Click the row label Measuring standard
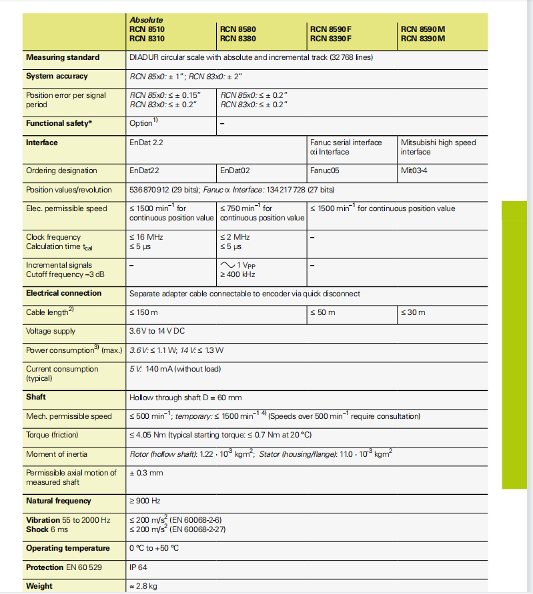click(x=63, y=57)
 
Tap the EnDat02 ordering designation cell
click(x=235, y=170)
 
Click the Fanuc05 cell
click(x=325, y=170)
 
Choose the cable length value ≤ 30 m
click(x=413, y=312)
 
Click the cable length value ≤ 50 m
click(x=323, y=312)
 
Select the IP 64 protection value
click(x=138, y=567)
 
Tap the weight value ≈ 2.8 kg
click(x=143, y=586)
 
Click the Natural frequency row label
click(x=59, y=501)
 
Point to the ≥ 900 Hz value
click(x=145, y=501)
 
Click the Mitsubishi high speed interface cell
click(x=438, y=147)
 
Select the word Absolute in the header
click(x=146, y=20)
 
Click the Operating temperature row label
click(x=67, y=548)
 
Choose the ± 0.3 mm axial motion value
click(x=146, y=473)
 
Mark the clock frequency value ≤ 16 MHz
click(x=146, y=237)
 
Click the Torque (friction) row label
click(x=57, y=435)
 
